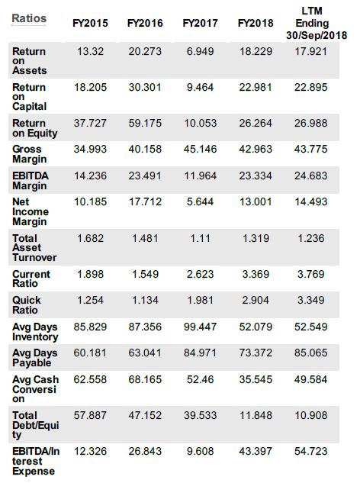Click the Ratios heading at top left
pos(29,18)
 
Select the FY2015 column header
pos(90,23)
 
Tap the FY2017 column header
pos(200,23)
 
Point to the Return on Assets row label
pos(29,61)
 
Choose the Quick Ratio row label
pos(27,305)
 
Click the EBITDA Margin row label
pos(31,181)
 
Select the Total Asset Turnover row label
pos(34,248)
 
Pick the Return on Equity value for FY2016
pos(145,123)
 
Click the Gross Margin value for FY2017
pos(200,149)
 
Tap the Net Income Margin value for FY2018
pos(256,201)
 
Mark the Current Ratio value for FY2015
pos(90,274)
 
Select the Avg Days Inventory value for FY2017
pos(200,327)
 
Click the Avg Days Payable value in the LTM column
pos(310,353)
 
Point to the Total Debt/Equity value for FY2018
pos(256,415)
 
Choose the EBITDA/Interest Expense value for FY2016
pos(145,451)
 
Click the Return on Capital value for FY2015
pos(90,87)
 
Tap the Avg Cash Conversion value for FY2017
pos(200,379)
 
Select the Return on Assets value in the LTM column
pos(310,51)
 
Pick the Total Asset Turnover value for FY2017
pos(200,238)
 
